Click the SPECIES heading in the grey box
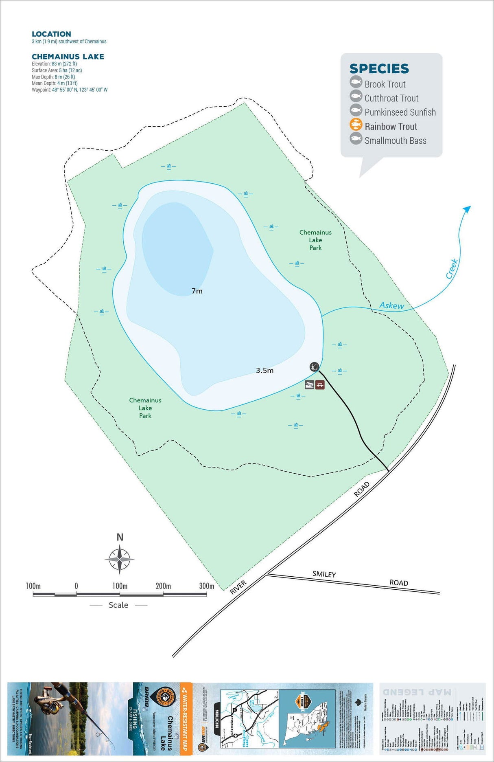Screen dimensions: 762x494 [379, 68]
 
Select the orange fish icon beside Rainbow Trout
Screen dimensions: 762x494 [356, 125]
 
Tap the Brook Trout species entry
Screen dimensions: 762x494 [385, 84]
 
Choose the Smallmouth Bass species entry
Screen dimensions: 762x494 [395, 141]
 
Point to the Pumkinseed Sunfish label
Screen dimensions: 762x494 [400, 112]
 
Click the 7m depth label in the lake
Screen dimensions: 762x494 [197, 291]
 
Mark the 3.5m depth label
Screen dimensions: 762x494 [264, 371]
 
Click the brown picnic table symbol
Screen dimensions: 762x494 [320, 384]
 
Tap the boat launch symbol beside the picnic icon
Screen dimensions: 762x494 [310, 384]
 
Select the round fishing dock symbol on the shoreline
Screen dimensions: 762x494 [313, 367]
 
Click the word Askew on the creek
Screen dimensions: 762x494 [391, 305]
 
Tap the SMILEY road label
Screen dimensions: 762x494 [324, 574]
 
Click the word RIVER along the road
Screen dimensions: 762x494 [238, 587]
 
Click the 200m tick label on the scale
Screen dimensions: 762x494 [163, 586]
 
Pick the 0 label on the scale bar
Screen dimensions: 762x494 [76, 586]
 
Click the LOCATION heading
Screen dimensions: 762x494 [51, 34]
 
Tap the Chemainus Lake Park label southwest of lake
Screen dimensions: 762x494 [145, 408]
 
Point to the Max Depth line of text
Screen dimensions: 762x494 [53, 77]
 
